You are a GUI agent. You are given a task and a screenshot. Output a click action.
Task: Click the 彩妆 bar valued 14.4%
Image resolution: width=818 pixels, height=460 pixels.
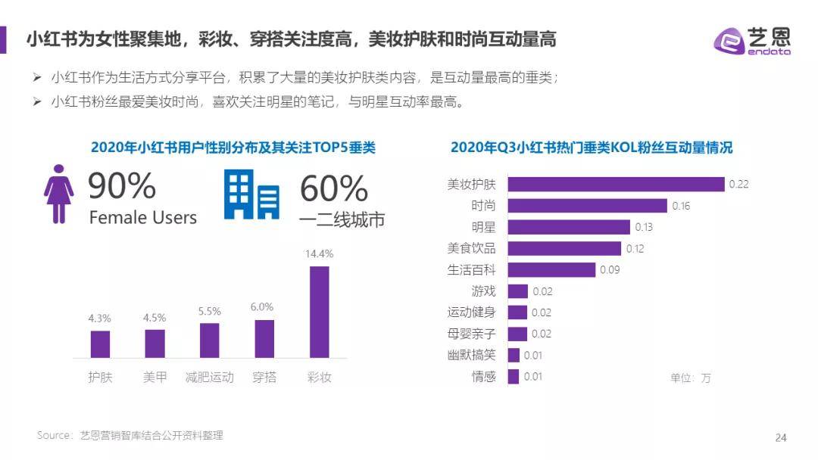point(320,312)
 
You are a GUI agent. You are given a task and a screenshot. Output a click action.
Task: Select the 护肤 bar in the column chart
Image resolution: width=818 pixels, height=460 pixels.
point(100,344)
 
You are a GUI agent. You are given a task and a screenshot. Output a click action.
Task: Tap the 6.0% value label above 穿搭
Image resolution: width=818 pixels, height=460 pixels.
point(262,306)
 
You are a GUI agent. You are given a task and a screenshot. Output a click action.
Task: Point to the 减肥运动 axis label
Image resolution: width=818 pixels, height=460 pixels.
point(210,377)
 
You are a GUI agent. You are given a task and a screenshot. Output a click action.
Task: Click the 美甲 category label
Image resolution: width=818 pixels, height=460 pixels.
point(155,377)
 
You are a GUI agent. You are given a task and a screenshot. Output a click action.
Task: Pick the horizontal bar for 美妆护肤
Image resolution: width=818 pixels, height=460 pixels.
point(616,184)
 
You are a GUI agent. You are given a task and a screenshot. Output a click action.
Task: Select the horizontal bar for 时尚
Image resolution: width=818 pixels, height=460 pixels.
point(587,206)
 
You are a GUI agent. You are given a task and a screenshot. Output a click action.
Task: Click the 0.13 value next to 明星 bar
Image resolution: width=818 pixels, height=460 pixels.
point(644,227)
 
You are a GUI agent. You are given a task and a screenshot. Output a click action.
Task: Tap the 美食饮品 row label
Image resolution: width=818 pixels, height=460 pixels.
point(471,248)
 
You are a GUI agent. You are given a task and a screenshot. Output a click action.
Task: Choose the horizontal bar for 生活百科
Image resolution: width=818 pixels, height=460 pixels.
point(551,269)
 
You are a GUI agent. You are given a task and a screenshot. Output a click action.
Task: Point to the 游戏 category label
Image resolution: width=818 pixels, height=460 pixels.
point(483,291)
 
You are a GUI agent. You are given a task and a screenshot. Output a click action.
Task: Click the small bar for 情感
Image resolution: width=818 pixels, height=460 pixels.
point(514,377)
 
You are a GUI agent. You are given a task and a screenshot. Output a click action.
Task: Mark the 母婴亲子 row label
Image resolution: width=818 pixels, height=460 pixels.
point(471,334)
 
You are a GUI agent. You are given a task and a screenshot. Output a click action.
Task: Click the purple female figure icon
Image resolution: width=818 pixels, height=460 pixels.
point(59,194)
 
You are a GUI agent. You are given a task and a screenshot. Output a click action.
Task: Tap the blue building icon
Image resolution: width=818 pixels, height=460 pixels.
point(251,194)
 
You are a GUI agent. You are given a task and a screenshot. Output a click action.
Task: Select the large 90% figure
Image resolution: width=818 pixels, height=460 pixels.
point(122,186)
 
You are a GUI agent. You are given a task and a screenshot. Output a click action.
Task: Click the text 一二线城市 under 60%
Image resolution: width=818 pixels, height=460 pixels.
point(342,219)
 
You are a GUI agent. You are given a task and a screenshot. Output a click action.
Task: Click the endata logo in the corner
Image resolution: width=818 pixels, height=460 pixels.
point(752,40)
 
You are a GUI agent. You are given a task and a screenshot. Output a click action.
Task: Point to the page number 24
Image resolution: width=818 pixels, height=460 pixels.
point(781,437)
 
